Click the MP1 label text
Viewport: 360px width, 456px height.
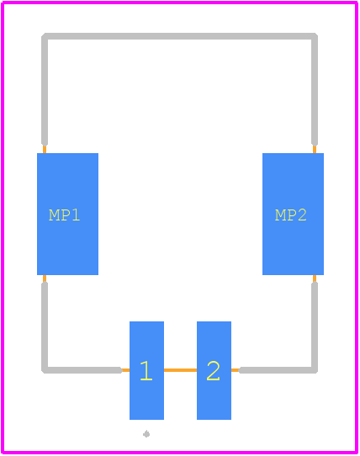pos(64,215)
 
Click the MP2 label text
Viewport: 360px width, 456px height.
pos(291,215)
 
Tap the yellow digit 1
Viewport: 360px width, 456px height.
pos(146,370)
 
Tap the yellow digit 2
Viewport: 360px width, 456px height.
pos(213,370)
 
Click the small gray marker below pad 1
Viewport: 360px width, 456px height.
pos(146,434)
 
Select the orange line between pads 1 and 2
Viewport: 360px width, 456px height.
pos(180,370)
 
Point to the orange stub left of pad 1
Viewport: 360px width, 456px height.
pos(125,370)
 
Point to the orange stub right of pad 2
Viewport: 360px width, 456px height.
pos(235,370)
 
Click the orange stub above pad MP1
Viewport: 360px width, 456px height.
pos(45,149)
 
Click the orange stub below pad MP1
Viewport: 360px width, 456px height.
pos(45,278)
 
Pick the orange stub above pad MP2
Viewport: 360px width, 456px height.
pos(315,149)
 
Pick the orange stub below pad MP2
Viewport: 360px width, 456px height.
pos(315,278)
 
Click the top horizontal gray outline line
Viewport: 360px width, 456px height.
pos(179,36)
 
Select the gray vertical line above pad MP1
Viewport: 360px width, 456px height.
pos(45,89)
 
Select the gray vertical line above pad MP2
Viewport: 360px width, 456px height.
pos(315,89)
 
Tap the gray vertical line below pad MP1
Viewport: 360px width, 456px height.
pos(45,327)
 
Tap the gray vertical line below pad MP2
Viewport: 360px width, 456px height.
pos(315,327)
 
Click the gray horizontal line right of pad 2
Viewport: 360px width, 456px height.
pos(278,370)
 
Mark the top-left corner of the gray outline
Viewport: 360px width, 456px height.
pos(45,36)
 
